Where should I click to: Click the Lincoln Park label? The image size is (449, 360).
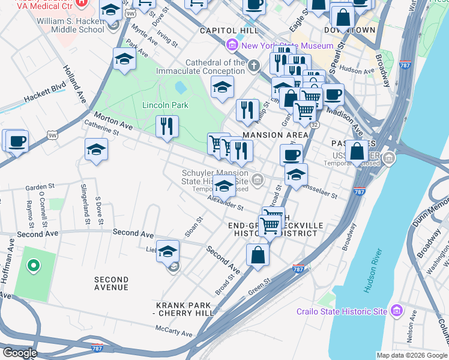click(165, 105)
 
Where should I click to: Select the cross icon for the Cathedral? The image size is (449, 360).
click(254, 65)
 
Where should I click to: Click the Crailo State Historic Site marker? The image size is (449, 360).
click(396, 311)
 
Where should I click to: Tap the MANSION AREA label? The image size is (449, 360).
click(275, 136)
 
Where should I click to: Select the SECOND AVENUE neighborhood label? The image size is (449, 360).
click(111, 283)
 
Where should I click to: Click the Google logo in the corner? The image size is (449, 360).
click(20, 352)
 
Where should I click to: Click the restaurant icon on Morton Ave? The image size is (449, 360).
click(166, 126)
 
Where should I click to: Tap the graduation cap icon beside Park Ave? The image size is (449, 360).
click(124, 59)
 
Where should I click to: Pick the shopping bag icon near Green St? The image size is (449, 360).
click(258, 254)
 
